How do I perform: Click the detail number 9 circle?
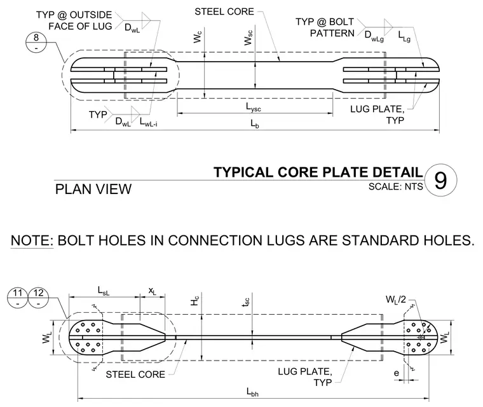click(440, 180)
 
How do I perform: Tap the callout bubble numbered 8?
click(36, 43)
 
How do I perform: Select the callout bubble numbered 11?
click(18, 297)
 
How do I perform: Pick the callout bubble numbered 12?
click(38, 297)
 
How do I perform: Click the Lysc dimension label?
click(254, 107)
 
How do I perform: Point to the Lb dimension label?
click(254, 124)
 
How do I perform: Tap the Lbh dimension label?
click(252, 392)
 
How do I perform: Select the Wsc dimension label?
click(248, 38)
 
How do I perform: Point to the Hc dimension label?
click(194, 301)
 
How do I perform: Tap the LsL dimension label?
click(104, 291)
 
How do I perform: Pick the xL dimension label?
click(152, 291)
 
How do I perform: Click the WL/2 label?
click(396, 300)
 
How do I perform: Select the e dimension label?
click(397, 373)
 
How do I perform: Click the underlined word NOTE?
click(32, 240)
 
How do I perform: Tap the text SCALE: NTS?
click(395, 186)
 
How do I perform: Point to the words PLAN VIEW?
click(93, 189)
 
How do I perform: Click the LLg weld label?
click(404, 36)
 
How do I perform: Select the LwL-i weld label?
click(149, 122)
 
